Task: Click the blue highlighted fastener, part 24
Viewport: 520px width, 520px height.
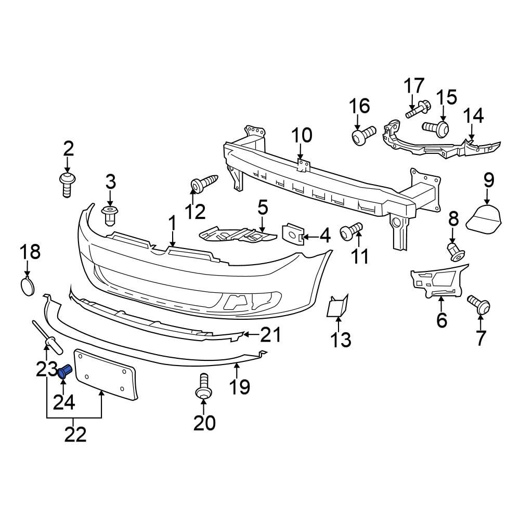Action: click(65, 371)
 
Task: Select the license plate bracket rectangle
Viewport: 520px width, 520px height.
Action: click(106, 374)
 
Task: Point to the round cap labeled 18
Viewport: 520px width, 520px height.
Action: click(28, 287)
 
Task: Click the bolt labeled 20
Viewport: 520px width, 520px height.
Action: click(203, 386)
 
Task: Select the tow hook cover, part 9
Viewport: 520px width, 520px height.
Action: click(484, 217)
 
